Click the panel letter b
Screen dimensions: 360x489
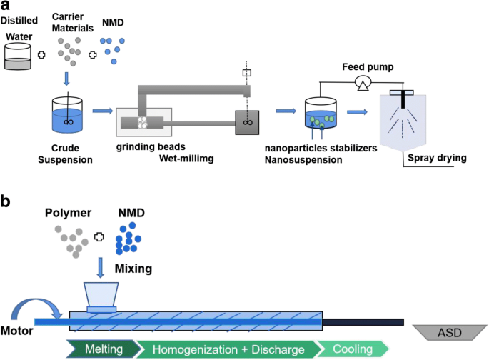pyautogui.click(x=9, y=201)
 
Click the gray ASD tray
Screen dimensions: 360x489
pyautogui.click(x=449, y=332)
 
